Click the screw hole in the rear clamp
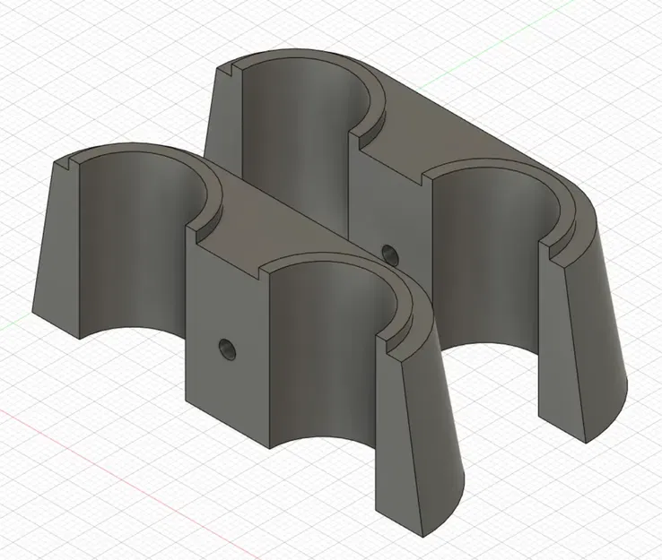(388, 254)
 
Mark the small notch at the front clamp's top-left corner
(69, 163)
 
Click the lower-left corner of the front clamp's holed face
(185, 402)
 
